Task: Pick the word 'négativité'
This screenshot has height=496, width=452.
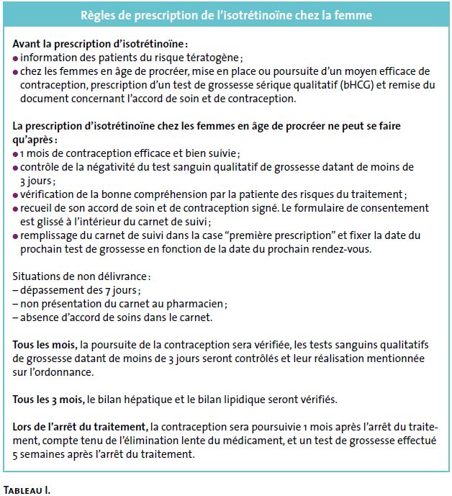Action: point(104,168)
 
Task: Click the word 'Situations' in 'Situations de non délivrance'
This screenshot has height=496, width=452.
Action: point(37,276)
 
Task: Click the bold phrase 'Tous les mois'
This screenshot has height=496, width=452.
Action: point(45,344)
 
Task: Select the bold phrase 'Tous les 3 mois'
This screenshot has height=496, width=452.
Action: point(48,399)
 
